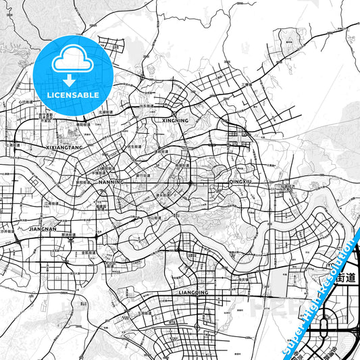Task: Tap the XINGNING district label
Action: [x=176, y=121]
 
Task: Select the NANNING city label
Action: [x=111, y=182]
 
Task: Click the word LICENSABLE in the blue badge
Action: [x=70, y=95]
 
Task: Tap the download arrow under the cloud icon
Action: [x=70, y=80]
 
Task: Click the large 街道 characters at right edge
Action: [x=342, y=277]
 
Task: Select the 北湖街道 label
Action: [x=105, y=112]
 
